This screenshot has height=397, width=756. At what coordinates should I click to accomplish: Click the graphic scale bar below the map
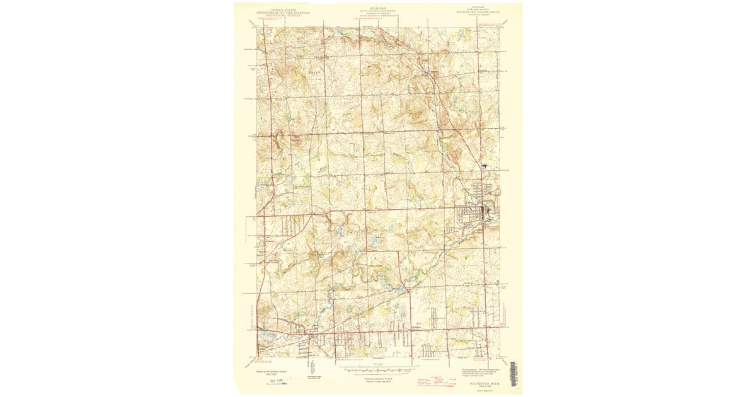pyautogui.click(x=378, y=369)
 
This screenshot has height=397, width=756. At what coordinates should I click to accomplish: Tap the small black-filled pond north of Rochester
pyautogui.click(x=484, y=165)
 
